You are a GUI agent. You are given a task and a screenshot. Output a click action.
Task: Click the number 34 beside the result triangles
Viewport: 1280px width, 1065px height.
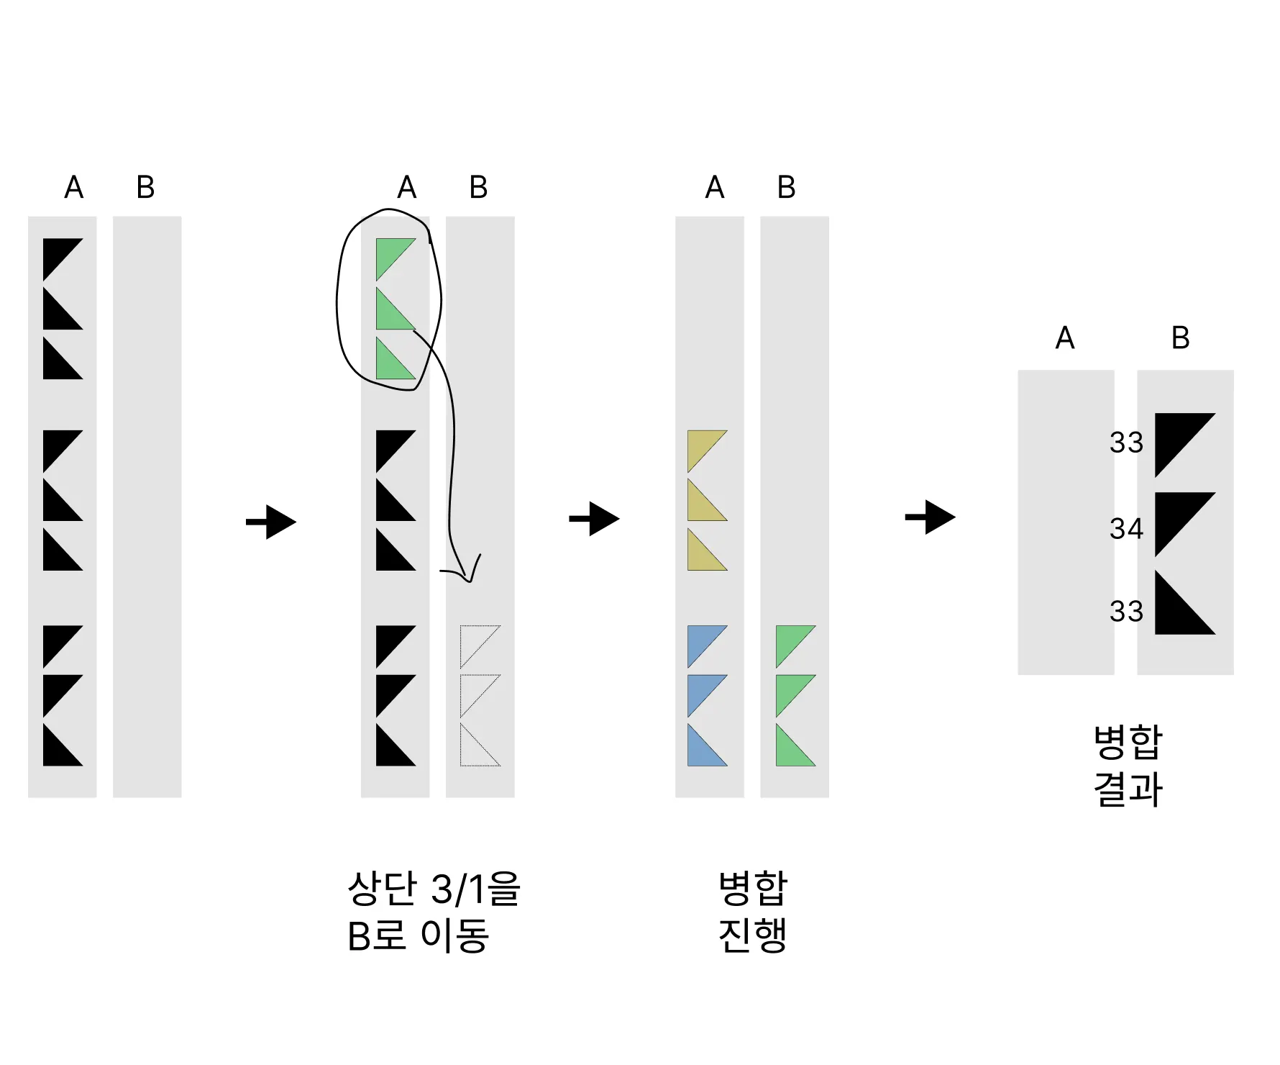[1125, 529]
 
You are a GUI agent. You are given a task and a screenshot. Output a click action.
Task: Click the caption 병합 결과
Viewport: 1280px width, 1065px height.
[1128, 766]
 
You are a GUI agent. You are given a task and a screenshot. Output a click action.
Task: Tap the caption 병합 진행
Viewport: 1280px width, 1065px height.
[753, 912]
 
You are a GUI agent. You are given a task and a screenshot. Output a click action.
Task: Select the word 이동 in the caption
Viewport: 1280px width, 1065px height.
[454, 936]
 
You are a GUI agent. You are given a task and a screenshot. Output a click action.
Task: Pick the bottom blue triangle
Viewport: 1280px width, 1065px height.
[702, 750]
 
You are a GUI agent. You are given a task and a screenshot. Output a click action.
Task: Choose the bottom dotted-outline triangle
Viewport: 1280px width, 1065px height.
[475, 750]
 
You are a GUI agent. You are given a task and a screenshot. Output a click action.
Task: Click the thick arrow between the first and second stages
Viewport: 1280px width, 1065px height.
[271, 522]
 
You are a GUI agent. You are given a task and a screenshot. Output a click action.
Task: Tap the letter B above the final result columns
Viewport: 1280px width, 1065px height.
[1180, 337]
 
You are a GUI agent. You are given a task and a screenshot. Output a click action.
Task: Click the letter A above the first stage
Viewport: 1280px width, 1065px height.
[73, 187]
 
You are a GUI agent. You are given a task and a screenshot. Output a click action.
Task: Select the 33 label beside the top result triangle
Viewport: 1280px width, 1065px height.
[1125, 443]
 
